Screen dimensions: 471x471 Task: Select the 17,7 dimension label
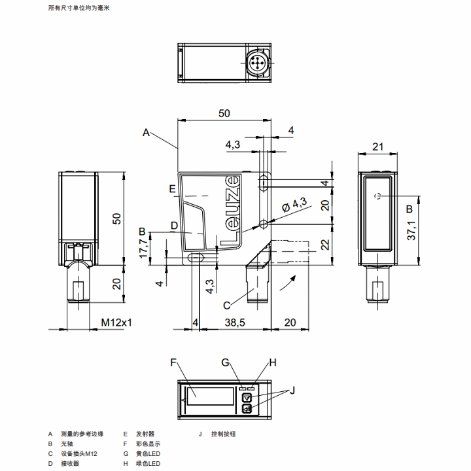pos(145,249)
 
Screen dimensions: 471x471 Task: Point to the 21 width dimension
pos(377,147)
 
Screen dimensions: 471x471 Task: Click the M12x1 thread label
pos(116,323)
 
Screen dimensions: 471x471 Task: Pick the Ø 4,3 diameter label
pos(294,203)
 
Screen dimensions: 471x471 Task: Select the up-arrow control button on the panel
pos(247,397)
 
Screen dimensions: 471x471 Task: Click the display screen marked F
pos(210,396)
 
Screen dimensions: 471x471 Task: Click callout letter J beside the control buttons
pos(293,391)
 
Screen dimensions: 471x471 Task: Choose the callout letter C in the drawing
pos(226,305)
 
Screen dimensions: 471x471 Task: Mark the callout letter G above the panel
pos(225,362)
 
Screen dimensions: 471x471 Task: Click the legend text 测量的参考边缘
pos(82,433)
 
